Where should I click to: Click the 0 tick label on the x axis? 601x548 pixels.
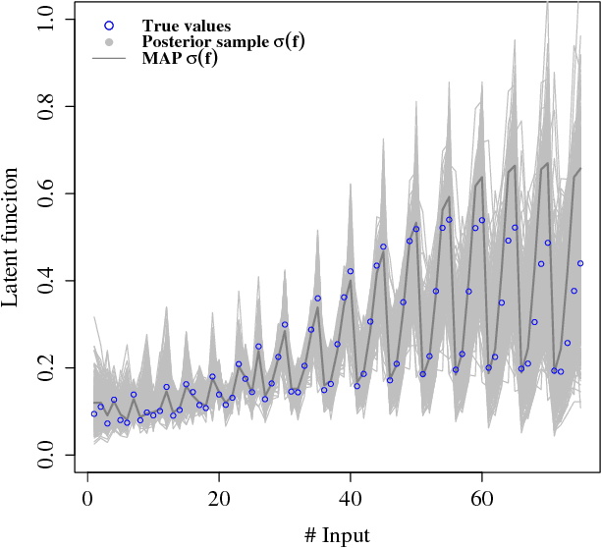click(87, 502)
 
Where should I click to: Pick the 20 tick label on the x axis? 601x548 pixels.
click(219, 502)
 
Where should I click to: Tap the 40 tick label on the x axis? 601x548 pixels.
click(351, 502)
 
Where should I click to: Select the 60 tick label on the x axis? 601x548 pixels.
click(481, 502)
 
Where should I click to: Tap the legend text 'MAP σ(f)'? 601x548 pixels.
click(180, 59)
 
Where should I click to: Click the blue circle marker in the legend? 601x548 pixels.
click(109, 25)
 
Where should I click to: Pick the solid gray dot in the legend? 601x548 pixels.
click(109, 42)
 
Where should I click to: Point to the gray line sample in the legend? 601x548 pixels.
click(109, 59)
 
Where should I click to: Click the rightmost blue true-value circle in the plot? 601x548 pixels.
click(580, 263)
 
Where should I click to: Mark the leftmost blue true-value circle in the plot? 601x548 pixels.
click(94, 413)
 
